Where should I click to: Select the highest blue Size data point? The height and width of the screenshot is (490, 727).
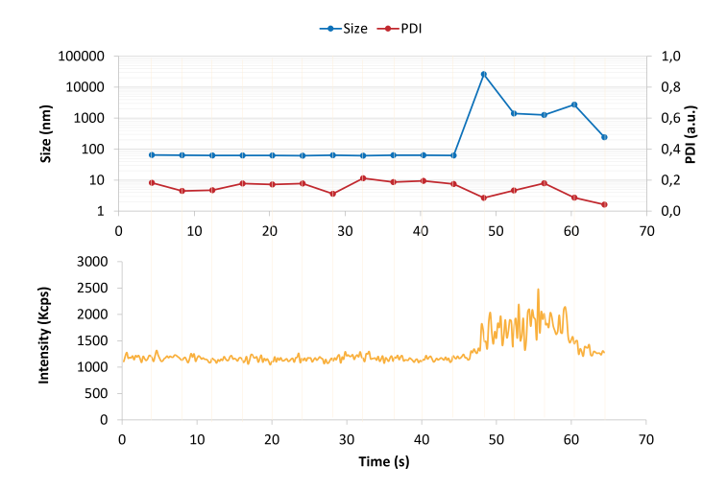coord(484,74)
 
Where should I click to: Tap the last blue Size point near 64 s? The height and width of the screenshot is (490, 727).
coord(604,137)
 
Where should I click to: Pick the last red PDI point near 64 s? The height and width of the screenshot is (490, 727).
coord(604,204)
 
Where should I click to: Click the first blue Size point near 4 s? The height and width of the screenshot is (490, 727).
coord(152,154)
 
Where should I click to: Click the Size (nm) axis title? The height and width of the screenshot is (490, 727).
coord(45,133)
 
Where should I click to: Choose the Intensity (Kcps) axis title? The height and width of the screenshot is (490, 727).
coord(44,339)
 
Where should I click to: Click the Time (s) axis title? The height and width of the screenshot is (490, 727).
coord(383,462)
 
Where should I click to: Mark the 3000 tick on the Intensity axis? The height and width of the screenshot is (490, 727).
coord(94,261)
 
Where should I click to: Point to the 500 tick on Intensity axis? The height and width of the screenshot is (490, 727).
coord(98,393)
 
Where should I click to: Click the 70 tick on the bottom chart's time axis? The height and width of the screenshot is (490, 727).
coord(645,438)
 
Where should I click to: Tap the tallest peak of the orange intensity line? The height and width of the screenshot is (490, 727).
coord(538,290)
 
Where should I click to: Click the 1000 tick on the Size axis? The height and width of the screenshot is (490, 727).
coord(88,118)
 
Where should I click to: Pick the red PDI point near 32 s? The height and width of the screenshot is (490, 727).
coord(363,178)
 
